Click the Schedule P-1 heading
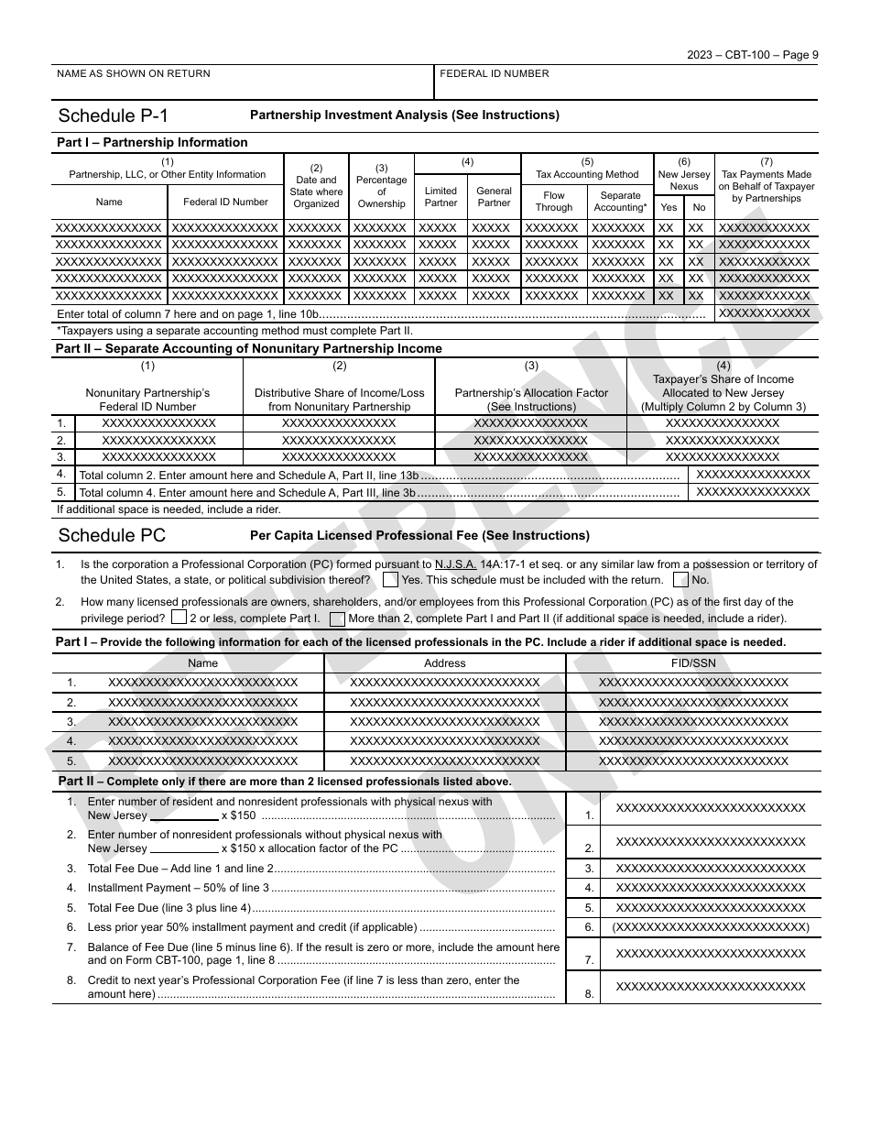(113, 115)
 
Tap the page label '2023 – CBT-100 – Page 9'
(753, 54)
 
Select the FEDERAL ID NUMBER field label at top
(495, 74)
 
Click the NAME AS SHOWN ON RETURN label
(134, 74)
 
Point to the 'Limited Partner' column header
(440, 197)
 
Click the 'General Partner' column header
(494, 197)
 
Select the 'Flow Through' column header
(554, 202)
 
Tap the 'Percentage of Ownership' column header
(381, 185)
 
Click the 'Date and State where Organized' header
(316, 185)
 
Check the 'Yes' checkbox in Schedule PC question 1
(390, 580)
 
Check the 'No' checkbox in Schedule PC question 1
(680, 580)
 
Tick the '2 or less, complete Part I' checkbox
(179, 618)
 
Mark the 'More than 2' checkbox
(337, 618)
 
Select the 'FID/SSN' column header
(692, 663)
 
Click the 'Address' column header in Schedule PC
(445, 663)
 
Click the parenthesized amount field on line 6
(711, 927)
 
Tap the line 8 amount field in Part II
(711, 987)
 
